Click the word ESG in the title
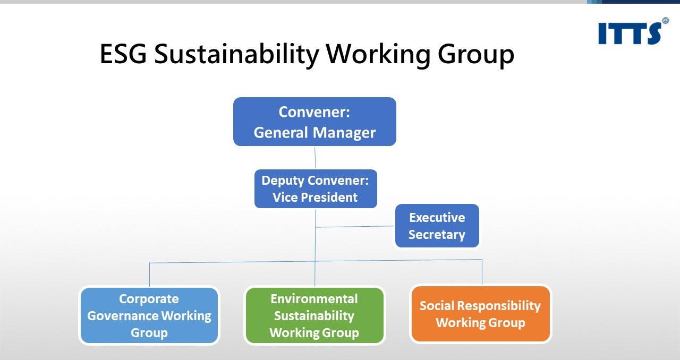123,54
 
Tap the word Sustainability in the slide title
236,54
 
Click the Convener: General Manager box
314,122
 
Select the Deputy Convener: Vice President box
316,188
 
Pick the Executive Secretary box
437,226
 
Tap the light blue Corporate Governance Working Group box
149,315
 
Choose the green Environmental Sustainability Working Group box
314,315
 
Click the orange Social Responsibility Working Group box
480,314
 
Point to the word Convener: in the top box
314,113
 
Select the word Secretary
437,235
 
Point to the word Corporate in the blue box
149,299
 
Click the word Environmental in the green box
314,299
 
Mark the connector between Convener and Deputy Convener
315,158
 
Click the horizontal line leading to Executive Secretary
355,227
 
